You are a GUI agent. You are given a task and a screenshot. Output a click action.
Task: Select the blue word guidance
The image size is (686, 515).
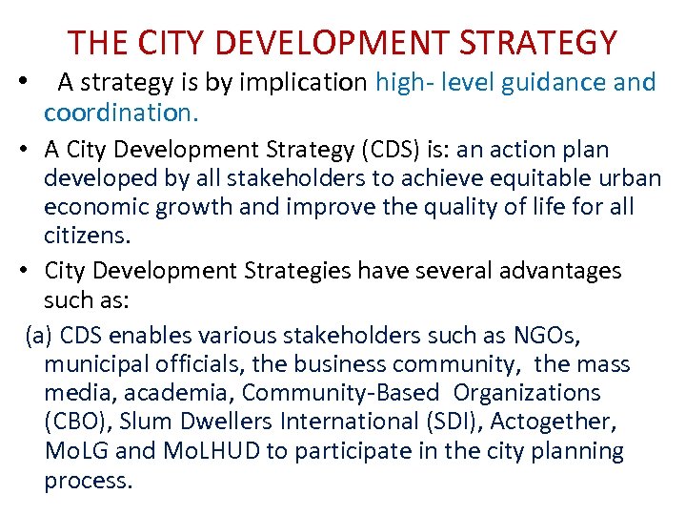coord(555,83)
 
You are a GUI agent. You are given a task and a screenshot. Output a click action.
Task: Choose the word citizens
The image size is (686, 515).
coord(82,235)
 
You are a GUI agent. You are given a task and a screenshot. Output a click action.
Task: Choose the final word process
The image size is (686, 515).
coord(88,480)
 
